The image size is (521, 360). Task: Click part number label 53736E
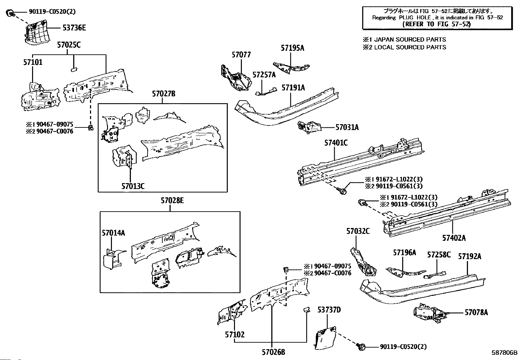tap(74, 28)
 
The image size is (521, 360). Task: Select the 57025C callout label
tap(69, 45)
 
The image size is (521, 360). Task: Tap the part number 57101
tap(33, 62)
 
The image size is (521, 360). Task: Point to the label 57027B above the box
tap(163, 94)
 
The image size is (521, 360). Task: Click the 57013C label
tap(133, 186)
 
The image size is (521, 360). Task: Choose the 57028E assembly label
tap(172, 200)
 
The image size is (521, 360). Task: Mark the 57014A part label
tap(113, 233)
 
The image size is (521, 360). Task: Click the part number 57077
tap(241, 55)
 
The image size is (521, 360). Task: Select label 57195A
tap(292, 48)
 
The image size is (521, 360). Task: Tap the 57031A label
tap(347, 127)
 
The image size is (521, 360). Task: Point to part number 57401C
tap(336, 143)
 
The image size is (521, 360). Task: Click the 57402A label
tap(454, 238)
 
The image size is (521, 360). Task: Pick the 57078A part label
tap(476, 313)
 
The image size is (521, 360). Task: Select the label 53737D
tap(329, 310)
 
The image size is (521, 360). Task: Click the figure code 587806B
tap(504, 353)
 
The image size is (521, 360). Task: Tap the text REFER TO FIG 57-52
tap(437, 24)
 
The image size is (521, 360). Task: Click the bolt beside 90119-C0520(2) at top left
tap(10, 13)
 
